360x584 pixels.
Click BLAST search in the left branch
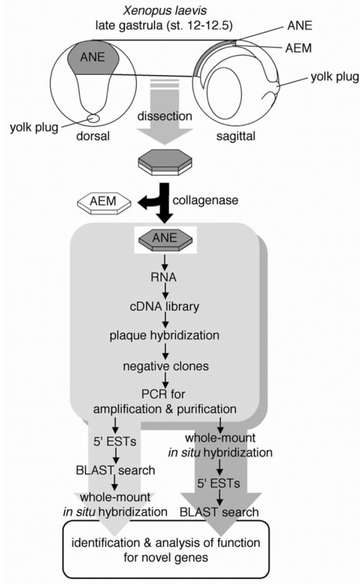123,470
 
